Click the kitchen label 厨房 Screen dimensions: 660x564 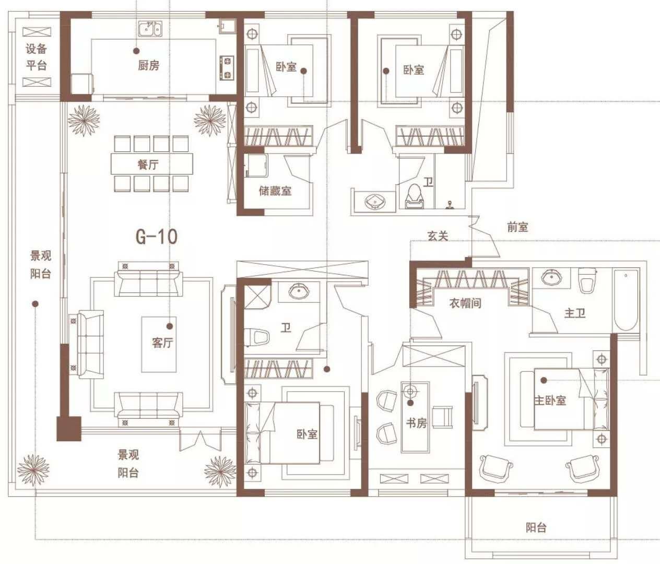click(148, 65)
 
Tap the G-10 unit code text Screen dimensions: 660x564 click(157, 237)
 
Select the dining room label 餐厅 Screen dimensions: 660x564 click(148, 164)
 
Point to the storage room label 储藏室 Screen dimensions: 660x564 click(275, 191)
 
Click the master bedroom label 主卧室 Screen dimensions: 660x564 click(550, 400)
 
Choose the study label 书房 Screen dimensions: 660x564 click(416, 423)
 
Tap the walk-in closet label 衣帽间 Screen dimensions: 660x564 click(465, 303)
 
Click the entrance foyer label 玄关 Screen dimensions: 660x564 click(438, 236)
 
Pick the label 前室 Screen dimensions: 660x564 click(517, 227)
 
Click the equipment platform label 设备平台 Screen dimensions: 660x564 click(37, 57)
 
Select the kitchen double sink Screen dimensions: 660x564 click(150, 30)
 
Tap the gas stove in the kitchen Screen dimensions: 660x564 click(227, 68)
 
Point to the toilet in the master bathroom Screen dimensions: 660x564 click(587, 280)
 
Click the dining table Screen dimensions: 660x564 click(152, 164)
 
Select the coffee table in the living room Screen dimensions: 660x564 click(159, 344)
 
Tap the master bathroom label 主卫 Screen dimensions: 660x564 click(575, 313)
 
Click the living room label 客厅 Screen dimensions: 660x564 click(162, 343)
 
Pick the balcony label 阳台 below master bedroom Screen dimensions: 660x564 click(536, 527)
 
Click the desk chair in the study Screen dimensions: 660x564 click(442, 416)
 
